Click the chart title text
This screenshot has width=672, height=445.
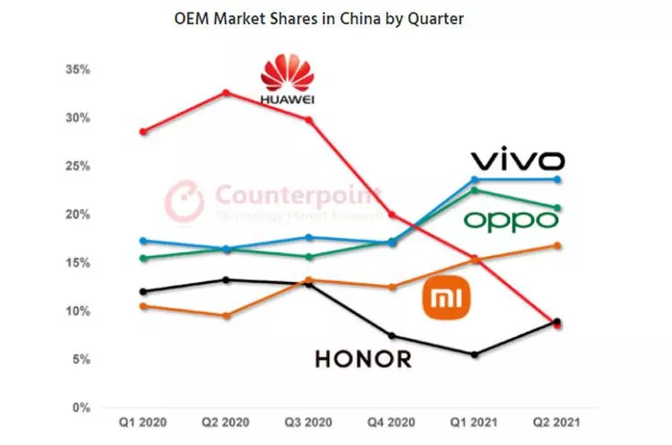319,18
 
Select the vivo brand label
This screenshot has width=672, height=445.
518,160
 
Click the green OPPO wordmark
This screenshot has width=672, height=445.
511,220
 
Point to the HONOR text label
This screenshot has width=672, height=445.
363,359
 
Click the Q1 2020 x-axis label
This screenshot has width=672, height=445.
142,423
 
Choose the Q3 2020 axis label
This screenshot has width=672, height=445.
309,423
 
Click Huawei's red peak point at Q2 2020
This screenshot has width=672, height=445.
226,92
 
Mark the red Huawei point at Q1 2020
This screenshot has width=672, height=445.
143,131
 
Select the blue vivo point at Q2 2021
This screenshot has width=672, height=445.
558,179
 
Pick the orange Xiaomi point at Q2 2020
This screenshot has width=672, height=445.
226,315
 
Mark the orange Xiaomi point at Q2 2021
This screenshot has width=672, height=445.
558,245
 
